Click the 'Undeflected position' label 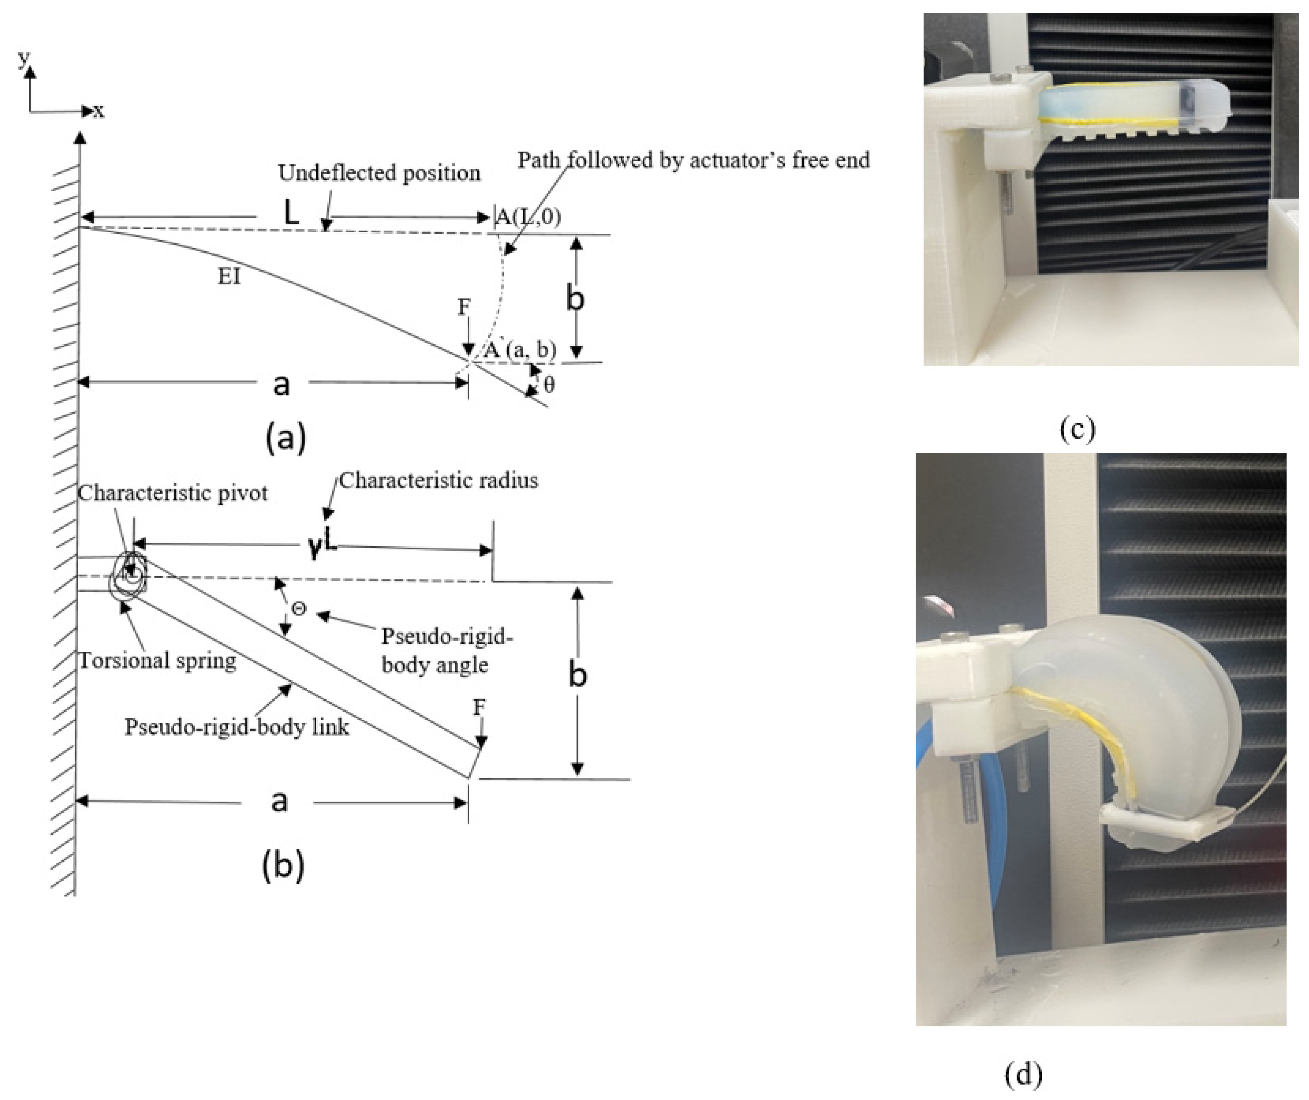379,173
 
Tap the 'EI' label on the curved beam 229,276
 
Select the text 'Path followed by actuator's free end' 694,160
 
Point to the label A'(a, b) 520,350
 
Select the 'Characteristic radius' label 438,480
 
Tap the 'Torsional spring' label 157,660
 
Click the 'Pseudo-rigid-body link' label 237,727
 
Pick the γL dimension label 322,545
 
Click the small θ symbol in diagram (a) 549,385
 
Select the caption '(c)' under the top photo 1077,429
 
